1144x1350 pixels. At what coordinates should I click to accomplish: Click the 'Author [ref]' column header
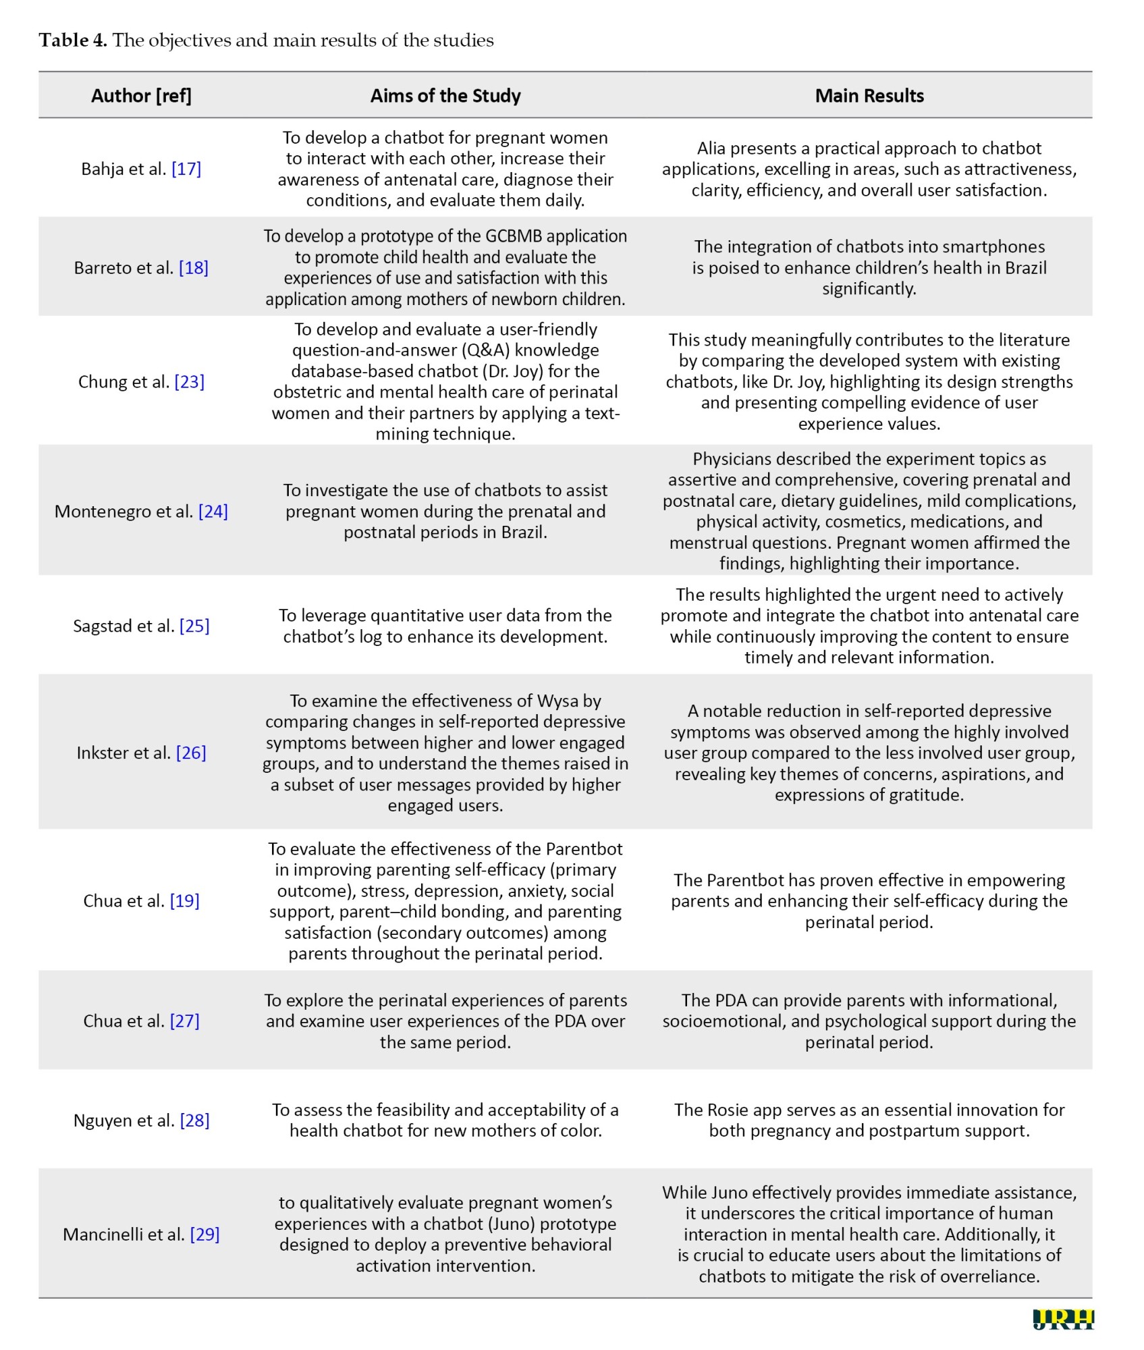(141, 96)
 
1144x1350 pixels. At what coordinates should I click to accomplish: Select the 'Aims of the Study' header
(445, 96)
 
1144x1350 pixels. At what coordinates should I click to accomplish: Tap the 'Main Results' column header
(869, 96)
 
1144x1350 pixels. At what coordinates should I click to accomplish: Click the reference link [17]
(186, 169)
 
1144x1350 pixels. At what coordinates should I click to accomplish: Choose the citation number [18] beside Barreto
(194, 268)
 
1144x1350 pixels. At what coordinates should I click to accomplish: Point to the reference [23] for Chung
(189, 382)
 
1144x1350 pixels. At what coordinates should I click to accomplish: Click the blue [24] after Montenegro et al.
(213, 512)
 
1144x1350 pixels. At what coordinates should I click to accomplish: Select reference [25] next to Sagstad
(194, 626)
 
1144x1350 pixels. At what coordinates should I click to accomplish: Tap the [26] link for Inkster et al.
(191, 753)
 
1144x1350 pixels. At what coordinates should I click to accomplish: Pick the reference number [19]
(184, 901)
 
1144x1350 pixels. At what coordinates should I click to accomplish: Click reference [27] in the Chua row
(184, 1021)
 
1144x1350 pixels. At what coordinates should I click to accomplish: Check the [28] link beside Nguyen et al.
(194, 1121)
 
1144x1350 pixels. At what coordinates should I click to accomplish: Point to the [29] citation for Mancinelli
(205, 1235)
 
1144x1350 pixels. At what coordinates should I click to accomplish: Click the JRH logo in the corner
(1063, 1320)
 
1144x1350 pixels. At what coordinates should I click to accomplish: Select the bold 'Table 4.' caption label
(73, 40)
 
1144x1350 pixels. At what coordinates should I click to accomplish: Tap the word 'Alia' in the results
(711, 148)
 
